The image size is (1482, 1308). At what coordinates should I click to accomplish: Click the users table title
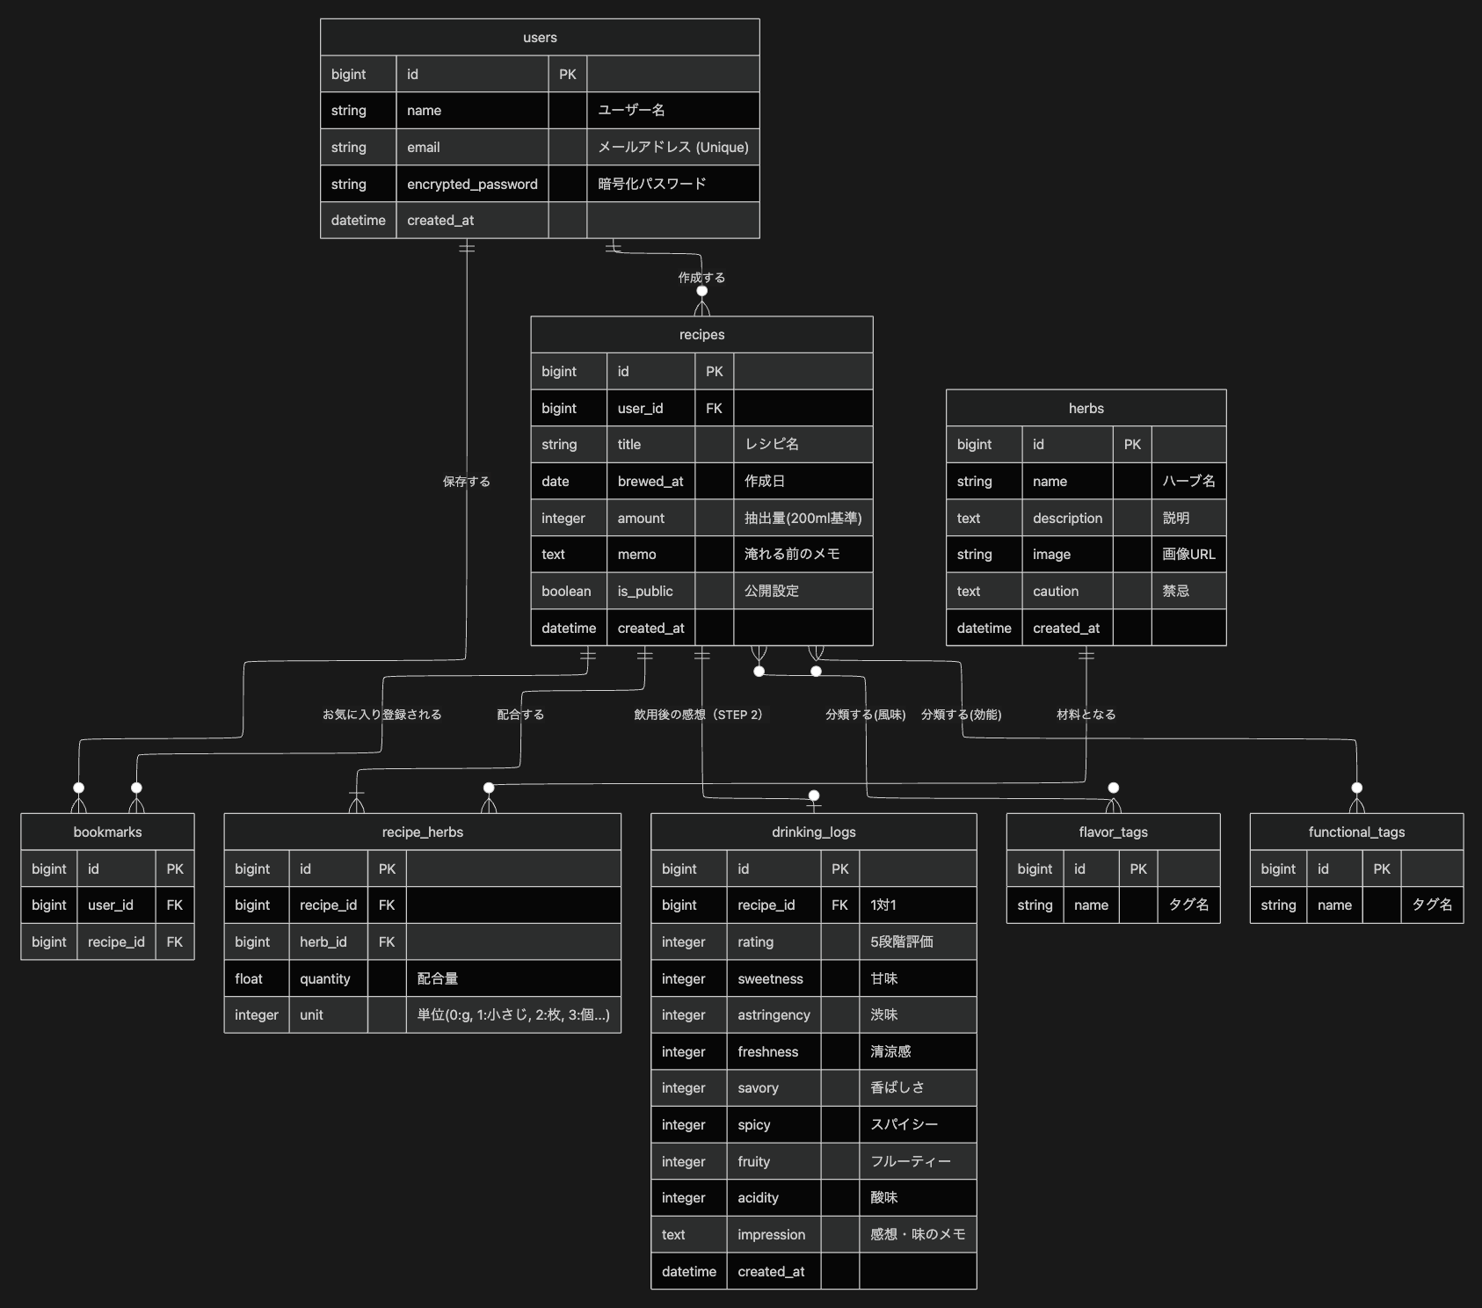[540, 38]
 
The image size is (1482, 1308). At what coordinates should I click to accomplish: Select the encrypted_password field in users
[472, 184]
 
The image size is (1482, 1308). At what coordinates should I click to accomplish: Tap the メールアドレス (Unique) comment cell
[672, 147]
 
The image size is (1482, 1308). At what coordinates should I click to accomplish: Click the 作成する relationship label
[701, 278]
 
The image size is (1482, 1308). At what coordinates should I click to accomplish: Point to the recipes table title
[701, 335]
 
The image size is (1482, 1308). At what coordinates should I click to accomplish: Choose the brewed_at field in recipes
[650, 482]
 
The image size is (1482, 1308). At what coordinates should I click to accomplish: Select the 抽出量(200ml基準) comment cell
[803, 519]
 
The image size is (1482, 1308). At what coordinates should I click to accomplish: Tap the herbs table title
[1086, 409]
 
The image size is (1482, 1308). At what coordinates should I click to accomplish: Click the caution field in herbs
[1055, 592]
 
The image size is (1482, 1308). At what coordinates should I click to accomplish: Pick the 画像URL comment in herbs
[1188, 555]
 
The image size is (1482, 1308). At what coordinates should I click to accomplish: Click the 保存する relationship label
[466, 482]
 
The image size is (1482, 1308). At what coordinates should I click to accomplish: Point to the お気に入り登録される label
[381, 715]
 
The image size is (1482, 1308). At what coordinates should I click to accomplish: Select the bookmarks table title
[107, 832]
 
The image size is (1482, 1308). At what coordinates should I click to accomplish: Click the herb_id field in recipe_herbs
[323, 942]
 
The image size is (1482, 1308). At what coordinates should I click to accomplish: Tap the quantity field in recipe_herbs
[324, 979]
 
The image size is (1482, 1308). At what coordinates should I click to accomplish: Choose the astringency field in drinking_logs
[774, 1015]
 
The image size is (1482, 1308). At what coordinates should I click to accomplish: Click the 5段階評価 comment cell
[901, 942]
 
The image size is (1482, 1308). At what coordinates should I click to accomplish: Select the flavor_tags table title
[1113, 832]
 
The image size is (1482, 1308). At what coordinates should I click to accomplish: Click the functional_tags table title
[1356, 832]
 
